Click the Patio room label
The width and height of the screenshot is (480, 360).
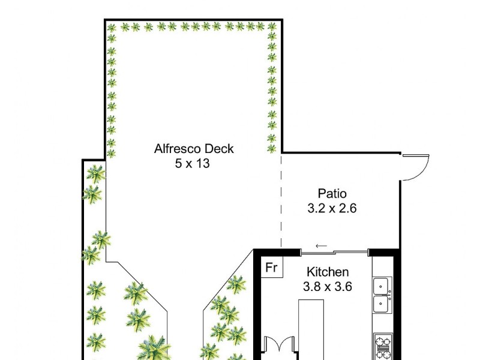(332, 194)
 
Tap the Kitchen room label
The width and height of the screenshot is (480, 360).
(328, 272)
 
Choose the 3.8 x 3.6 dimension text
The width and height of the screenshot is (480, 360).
(328, 287)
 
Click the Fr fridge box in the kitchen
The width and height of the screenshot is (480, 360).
(271, 268)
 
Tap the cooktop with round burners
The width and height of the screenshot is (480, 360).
(382, 346)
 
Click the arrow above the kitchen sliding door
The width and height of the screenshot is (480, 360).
(322, 245)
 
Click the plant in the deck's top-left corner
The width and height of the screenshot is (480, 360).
(111, 27)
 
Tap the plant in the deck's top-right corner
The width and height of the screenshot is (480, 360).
(272, 27)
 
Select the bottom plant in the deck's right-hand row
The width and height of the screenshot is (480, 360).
(272, 148)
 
